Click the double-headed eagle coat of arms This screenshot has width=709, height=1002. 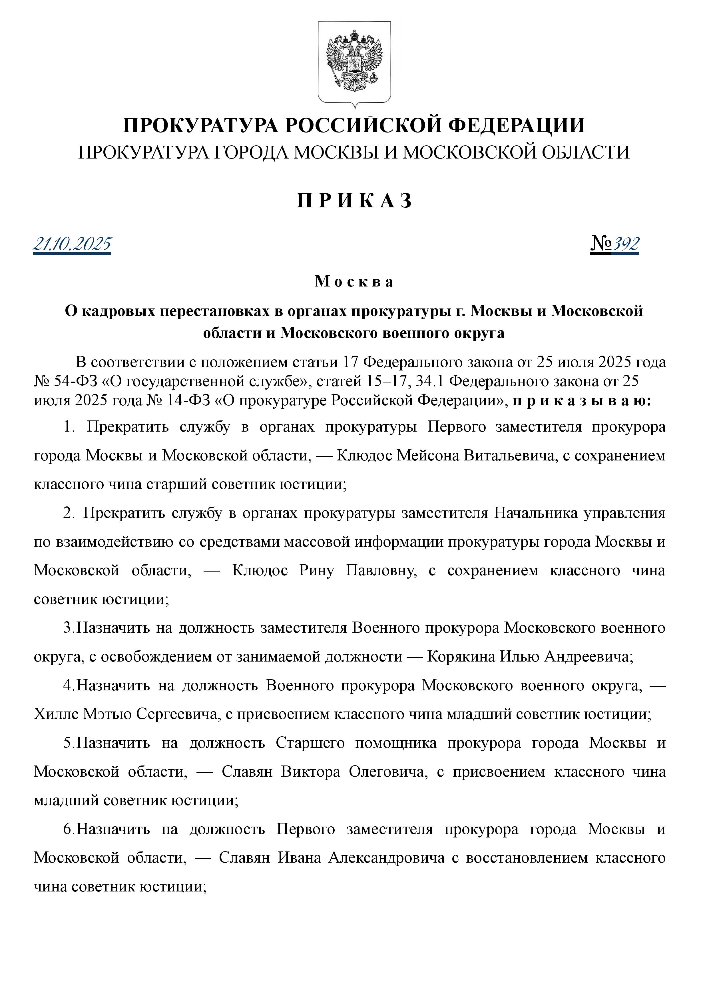(x=354, y=61)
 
